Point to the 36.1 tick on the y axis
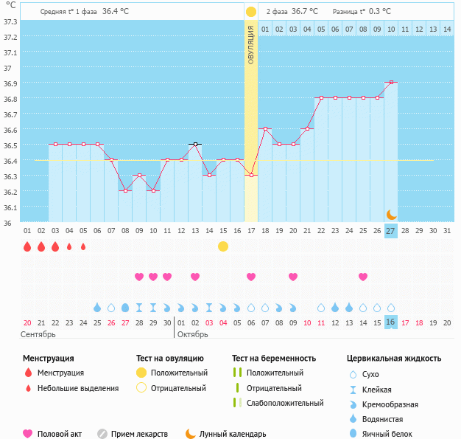(x=10, y=207)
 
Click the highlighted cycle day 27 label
(x=391, y=231)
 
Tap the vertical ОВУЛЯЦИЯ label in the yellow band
(x=251, y=45)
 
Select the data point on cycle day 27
(x=391, y=82)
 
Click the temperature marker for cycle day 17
(x=251, y=175)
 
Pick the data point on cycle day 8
(x=125, y=190)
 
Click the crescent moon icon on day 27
(x=392, y=214)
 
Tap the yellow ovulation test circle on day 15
(x=223, y=246)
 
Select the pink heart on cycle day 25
(x=363, y=277)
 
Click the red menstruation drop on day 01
(x=27, y=246)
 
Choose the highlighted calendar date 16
(x=391, y=322)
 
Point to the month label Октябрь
(x=194, y=334)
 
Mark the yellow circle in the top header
(x=251, y=12)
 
